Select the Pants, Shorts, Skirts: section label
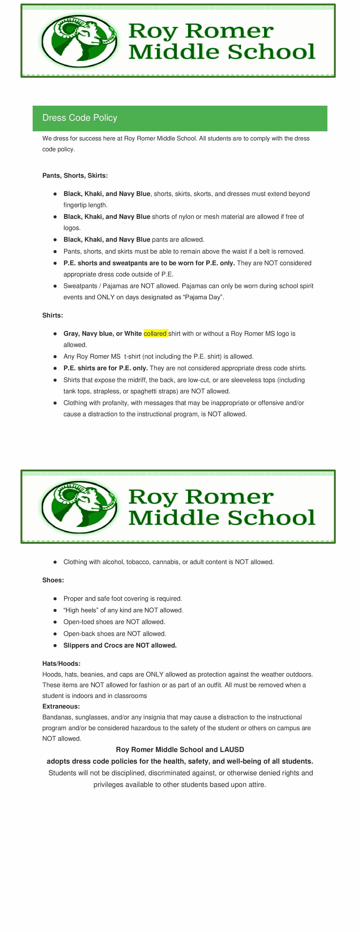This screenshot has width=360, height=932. tap(75, 175)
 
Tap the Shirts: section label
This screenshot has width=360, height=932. tap(53, 315)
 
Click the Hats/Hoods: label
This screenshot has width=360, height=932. tap(61, 664)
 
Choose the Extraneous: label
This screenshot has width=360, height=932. tap(61, 706)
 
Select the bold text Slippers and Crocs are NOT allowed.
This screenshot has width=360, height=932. tap(120, 645)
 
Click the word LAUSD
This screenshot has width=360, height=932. tap(232, 750)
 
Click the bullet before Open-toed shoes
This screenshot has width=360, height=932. tap(55, 622)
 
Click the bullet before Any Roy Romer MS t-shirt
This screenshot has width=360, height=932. tap(55, 356)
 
